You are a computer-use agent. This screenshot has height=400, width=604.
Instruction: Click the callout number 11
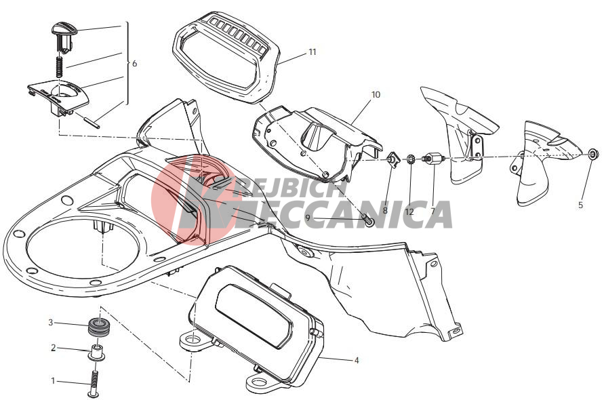(312, 52)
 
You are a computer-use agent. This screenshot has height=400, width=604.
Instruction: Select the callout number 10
(376, 94)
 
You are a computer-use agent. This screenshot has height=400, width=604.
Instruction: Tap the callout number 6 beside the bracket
(134, 63)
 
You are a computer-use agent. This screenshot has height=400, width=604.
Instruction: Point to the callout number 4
(357, 360)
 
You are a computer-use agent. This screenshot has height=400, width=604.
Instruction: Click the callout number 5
(580, 205)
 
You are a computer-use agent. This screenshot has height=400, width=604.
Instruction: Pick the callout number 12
(409, 212)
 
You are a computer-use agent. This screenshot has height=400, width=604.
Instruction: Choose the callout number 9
(308, 218)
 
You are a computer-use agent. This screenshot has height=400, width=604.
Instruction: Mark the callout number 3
(50, 322)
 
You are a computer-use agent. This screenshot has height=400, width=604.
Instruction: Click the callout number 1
(53, 381)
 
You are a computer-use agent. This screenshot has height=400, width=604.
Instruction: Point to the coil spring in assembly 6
(60, 66)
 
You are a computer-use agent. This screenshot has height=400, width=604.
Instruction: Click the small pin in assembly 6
(92, 121)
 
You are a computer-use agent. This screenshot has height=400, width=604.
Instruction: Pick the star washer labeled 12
(410, 159)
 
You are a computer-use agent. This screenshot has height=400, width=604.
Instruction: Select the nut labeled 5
(594, 154)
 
